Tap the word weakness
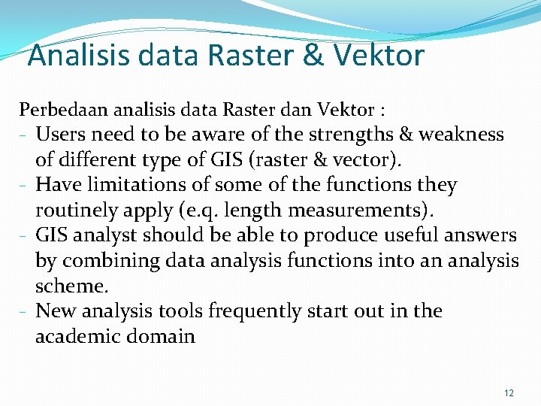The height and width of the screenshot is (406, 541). point(461,135)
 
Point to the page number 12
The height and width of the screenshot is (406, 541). point(509,392)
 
